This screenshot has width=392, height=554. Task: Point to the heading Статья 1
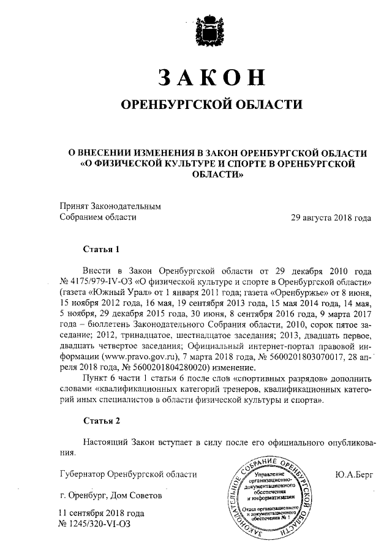pyautogui.click(x=99, y=249)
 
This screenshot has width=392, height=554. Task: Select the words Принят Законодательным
pyautogui.click(x=110, y=206)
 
